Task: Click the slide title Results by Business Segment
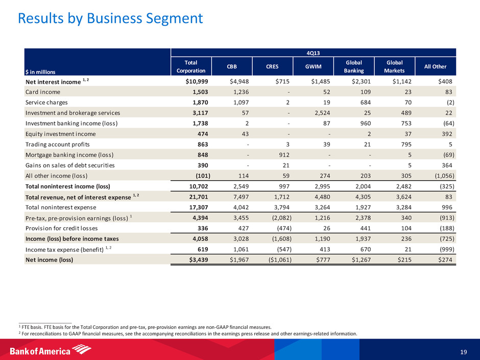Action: pos(110,19)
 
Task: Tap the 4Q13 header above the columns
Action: pos(313,52)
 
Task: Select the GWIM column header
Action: pos(313,66)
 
